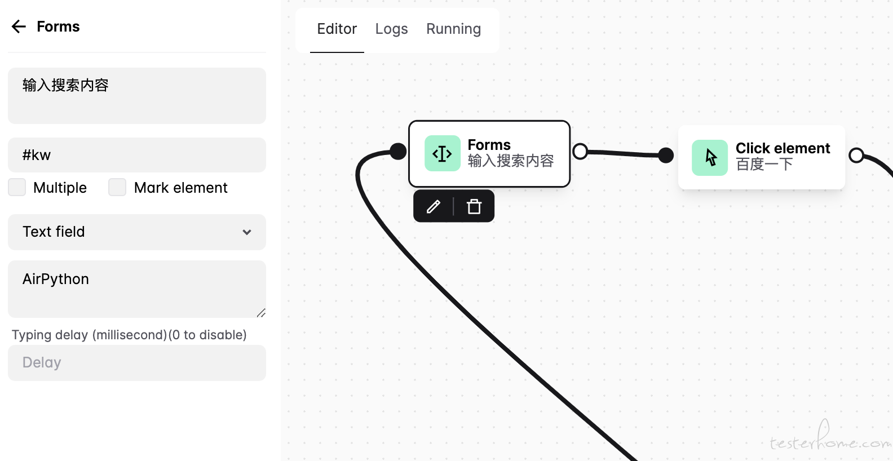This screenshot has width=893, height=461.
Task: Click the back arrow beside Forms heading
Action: coord(19,26)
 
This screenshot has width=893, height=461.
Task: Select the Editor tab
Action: coord(337,29)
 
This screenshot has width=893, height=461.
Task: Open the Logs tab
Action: coord(391,29)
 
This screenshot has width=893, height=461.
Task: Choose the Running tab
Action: coord(454,29)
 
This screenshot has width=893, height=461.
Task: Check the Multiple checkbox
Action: coord(17,187)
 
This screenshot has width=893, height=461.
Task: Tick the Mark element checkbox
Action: coord(117,187)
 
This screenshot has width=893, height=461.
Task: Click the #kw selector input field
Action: coord(137,155)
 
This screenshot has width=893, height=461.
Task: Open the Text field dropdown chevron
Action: coord(247,232)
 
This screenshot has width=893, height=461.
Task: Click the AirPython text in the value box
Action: coord(55,280)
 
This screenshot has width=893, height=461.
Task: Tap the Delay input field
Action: coord(137,362)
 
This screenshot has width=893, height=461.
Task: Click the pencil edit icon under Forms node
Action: coord(434,206)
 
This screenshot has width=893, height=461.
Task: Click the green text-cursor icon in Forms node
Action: coord(443,153)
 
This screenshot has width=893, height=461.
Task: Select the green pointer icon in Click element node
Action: coord(710,158)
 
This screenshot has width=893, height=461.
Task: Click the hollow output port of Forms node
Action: coord(580,152)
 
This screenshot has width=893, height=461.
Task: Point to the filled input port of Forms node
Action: coord(398,152)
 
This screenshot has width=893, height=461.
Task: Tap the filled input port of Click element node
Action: coord(666,156)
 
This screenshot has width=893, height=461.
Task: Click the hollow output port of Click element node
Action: coord(856,156)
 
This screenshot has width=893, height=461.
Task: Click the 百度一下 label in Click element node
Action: coord(764,164)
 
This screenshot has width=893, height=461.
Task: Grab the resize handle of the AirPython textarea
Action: coord(261,313)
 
